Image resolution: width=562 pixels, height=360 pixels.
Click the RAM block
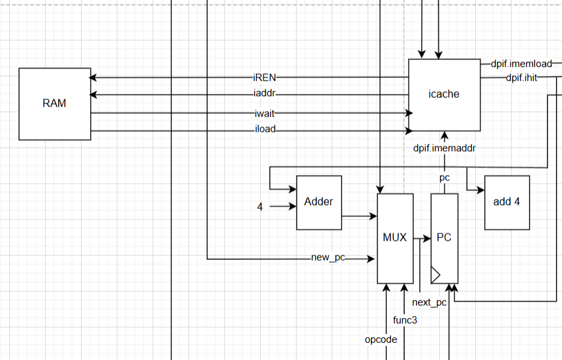pyautogui.click(x=54, y=103)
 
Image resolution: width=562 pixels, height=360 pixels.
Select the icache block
pyautogui.click(x=444, y=94)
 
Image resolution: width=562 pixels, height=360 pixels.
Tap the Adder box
pyautogui.click(x=318, y=202)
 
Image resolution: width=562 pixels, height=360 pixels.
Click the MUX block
pyautogui.click(x=395, y=237)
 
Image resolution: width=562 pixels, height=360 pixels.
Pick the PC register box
pyautogui.click(x=444, y=237)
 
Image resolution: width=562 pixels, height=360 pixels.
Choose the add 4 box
pyautogui.click(x=507, y=202)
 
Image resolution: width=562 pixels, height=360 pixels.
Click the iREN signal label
pyautogui.click(x=264, y=78)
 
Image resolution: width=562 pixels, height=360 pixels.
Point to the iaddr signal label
pyautogui.click(x=264, y=95)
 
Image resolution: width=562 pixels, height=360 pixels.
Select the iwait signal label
pyautogui.click(x=264, y=113)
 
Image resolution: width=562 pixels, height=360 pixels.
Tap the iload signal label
pyautogui.click(x=264, y=130)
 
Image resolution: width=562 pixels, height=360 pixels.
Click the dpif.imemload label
pyautogui.click(x=521, y=64)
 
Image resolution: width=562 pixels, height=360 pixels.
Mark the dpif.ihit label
pyautogui.click(x=521, y=78)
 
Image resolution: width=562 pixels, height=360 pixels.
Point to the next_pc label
pyautogui.click(x=429, y=302)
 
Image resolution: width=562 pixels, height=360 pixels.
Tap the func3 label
pyautogui.click(x=405, y=320)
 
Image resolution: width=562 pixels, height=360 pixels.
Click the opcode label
pyautogui.click(x=381, y=339)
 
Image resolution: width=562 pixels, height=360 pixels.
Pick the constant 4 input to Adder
pyautogui.click(x=260, y=207)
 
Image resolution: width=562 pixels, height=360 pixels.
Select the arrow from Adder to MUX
pyautogui.click(x=359, y=216)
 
